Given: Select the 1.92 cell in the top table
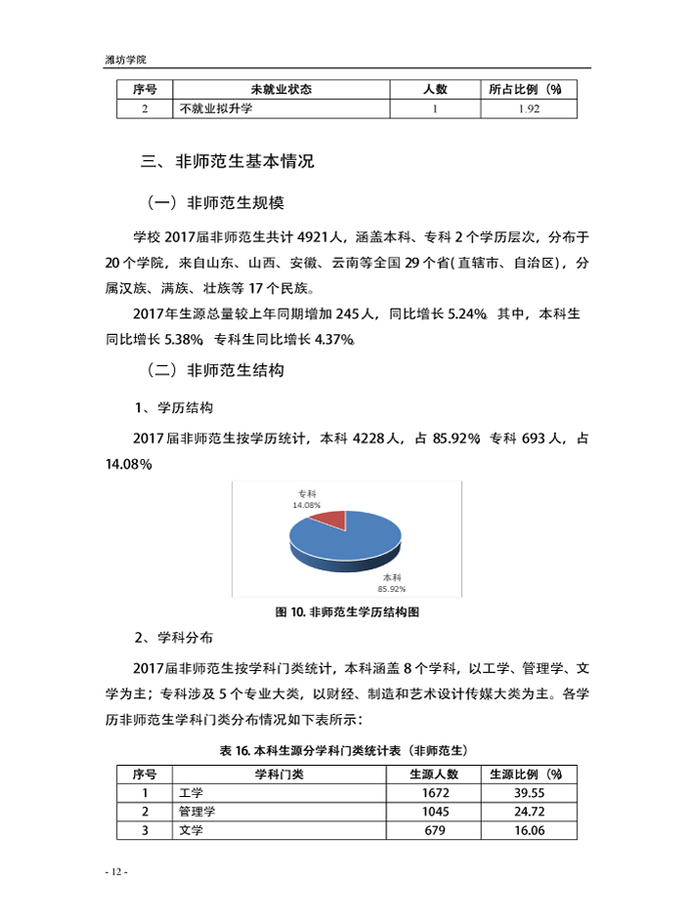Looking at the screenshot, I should (528, 108).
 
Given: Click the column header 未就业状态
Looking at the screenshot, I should (281, 89).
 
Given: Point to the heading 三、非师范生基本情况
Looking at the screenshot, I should (228, 161).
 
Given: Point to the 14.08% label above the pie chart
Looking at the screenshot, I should (307, 505).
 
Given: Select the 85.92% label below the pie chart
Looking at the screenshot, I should (392, 589).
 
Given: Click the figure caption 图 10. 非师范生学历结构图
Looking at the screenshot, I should (347, 612).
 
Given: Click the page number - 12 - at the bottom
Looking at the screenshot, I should (115, 871).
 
